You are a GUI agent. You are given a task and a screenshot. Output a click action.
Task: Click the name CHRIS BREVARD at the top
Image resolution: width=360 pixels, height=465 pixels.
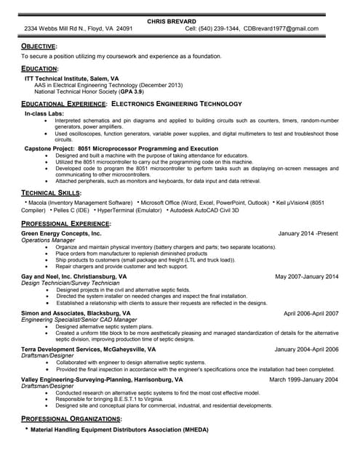[x=172, y=21]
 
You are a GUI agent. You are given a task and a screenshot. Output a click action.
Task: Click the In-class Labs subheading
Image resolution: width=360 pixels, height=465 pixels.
[x=45, y=114]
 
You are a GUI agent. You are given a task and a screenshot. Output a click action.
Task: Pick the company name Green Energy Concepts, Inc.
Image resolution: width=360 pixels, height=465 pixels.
[x=61, y=233]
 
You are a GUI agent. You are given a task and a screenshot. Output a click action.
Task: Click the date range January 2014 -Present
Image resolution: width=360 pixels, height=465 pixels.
[x=308, y=233]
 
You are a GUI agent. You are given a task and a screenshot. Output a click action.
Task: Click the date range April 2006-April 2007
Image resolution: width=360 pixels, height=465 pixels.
[x=311, y=313]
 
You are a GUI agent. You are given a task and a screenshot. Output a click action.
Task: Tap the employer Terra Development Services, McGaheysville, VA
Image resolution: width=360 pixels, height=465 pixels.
[x=89, y=349]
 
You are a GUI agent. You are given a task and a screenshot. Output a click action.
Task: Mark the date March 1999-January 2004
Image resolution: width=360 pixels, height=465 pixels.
[x=303, y=379]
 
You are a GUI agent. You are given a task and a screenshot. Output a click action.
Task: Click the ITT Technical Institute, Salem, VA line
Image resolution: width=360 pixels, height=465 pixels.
[x=72, y=77]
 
